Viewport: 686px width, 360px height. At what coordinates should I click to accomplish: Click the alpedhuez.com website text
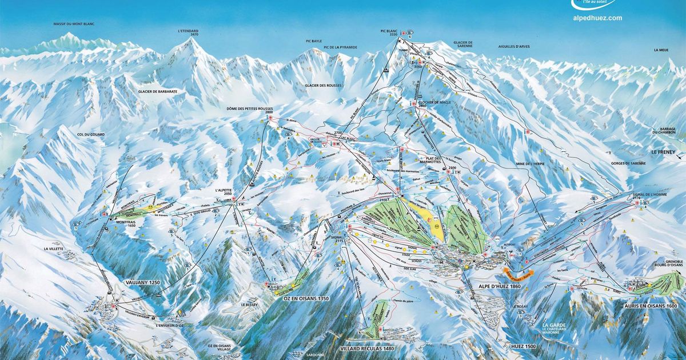click(597, 18)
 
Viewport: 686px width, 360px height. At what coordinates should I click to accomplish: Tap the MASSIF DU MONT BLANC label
click(70, 24)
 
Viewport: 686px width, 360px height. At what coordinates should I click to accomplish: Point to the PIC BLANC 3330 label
click(389, 33)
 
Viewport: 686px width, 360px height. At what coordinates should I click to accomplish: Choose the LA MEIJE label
click(661, 50)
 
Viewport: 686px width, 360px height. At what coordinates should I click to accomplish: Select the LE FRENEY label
click(665, 153)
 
